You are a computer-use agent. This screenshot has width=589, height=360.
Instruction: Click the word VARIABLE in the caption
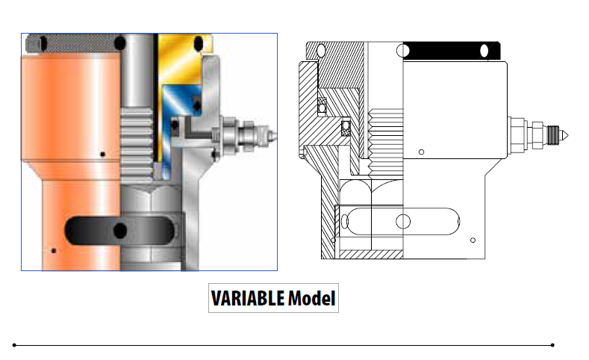click(247, 299)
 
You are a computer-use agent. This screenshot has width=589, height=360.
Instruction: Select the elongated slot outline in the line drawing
click(403, 221)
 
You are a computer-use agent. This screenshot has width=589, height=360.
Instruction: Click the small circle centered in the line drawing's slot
click(403, 221)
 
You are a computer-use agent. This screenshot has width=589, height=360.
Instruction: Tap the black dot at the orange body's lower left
click(53, 250)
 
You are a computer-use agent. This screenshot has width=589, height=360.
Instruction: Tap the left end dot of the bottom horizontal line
click(14, 345)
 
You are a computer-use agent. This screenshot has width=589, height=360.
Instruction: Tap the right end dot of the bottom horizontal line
click(552, 345)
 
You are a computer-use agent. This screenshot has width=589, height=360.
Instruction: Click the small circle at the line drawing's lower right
click(473, 240)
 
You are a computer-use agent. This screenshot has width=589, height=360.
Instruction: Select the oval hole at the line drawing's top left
click(321, 50)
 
